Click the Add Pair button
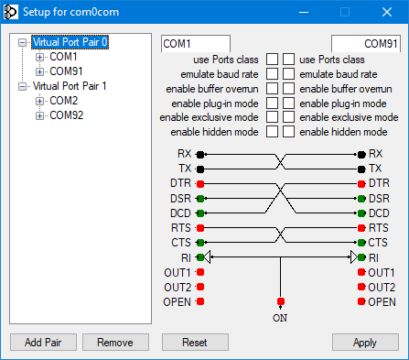point(43,342)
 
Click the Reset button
point(195,342)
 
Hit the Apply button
point(365,342)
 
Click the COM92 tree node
point(67,115)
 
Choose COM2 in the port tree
point(64,101)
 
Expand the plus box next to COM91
point(39,71)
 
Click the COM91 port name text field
point(365,43)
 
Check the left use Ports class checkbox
point(272,60)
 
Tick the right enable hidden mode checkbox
point(288,133)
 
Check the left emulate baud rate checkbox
point(272,74)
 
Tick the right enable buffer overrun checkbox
point(288,89)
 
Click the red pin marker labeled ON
point(281,301)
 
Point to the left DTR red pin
point(200,183)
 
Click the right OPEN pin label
point(382,301)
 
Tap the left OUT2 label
point(178,287)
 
